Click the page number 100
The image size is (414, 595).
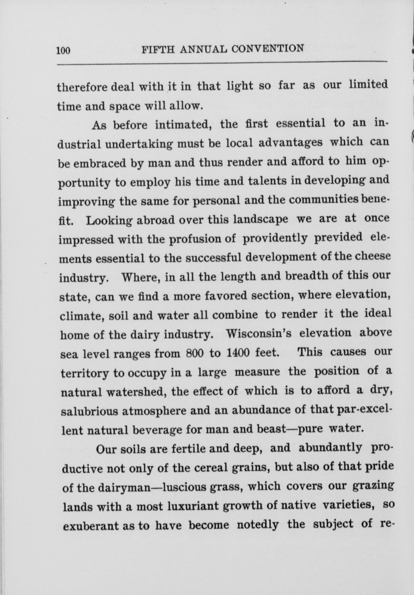[63, 50]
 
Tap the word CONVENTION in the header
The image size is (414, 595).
[268, 49]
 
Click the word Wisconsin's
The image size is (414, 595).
[258, 333]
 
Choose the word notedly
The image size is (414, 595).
[258, 525]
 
